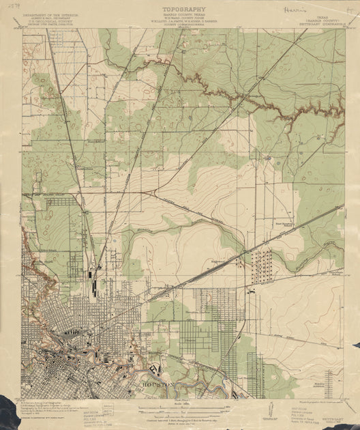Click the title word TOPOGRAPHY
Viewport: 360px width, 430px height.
coord(180,10)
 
